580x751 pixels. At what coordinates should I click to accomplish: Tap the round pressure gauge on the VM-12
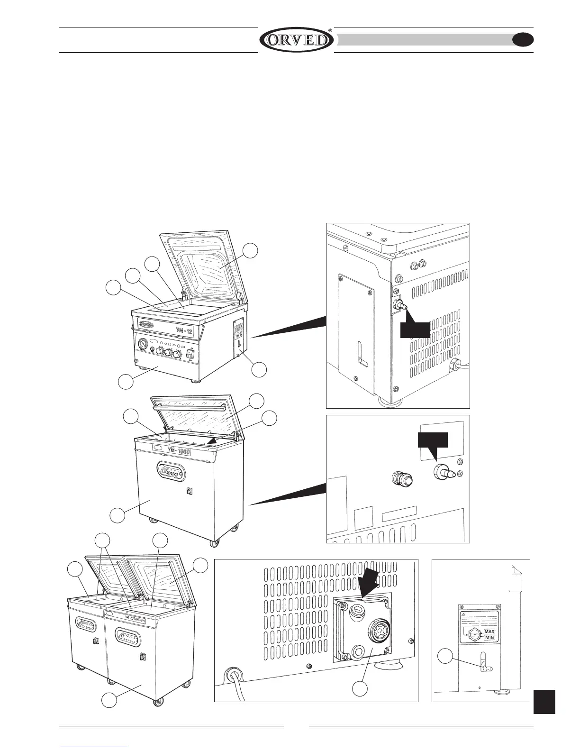coord(142,343)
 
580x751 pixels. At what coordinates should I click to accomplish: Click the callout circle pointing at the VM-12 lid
coord(251,250)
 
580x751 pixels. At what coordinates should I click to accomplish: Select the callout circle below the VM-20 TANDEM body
coord(110,701)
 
